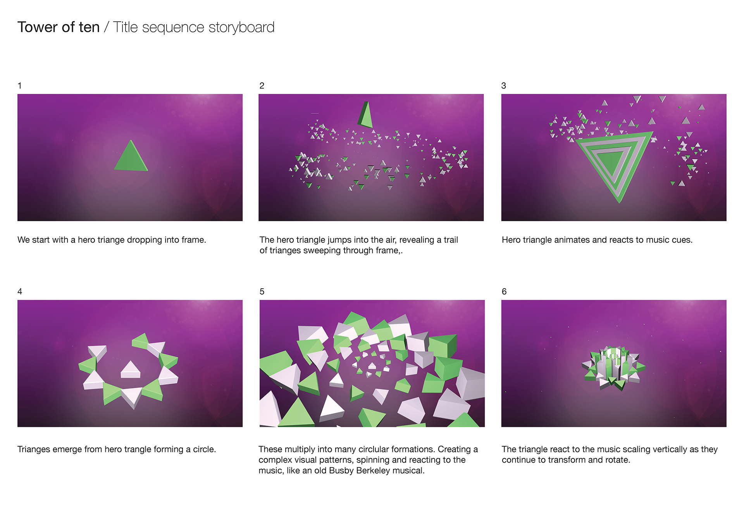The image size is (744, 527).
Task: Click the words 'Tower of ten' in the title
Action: click(x=59, y=27)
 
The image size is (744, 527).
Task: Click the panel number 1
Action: click(x=19, y=86)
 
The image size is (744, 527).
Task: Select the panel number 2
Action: click(x=262, y=86)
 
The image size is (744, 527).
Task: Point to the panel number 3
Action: click(x=504, y=86)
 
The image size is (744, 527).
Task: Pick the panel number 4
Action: click(x=20, y=291)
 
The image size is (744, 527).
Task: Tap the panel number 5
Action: click(x=262, y=291)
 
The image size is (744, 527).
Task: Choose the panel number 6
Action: click(x=504, y=291)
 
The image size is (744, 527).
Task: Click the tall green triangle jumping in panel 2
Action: click(x=365, y=116)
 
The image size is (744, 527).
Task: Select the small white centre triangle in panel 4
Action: click(x=131, y=369)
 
